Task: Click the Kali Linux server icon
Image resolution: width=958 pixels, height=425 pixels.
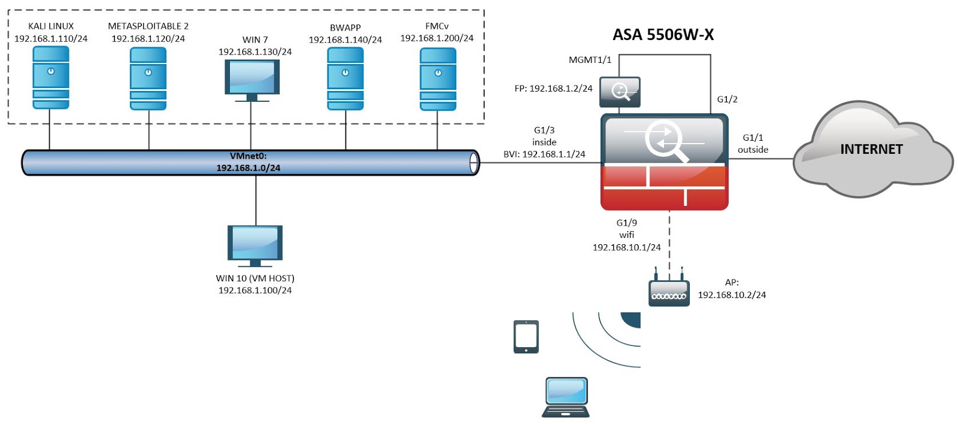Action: click(x=51, y=78)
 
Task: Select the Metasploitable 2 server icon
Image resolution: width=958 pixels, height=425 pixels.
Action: click(x=148, y=78)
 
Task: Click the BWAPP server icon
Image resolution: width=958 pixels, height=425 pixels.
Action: click(x=345, y=78)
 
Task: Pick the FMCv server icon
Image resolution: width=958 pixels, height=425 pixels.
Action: click(x=438, y=79)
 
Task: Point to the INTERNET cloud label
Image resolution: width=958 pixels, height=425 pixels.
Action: click(x=871, y=149)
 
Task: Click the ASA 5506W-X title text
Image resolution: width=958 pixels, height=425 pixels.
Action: click(x=663, y=35)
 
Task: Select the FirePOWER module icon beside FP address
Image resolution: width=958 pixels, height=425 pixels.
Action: click(x=620, y=92)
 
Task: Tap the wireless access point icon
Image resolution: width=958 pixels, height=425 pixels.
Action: click(x=669, y=292)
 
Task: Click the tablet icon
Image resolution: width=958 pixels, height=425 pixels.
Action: click(x=526, y=336)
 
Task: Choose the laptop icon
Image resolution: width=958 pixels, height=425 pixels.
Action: click(x=566, y=397)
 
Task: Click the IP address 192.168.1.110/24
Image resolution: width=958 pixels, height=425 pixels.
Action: click(x=51, y=38)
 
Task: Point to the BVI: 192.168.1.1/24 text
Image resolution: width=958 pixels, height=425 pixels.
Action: click(x=544, y=154)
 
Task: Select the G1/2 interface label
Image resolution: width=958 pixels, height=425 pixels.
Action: click(x=727, y=99)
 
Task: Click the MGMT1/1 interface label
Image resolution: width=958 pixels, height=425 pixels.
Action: click(x=590, y=60)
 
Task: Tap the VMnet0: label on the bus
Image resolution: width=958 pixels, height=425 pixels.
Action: click(x=248, y=156)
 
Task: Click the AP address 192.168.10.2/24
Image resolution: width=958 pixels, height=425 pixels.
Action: click(x=732, y=295)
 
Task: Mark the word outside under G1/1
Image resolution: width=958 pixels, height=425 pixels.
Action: click(x=753, y=150)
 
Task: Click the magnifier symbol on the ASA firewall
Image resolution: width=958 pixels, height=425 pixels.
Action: click(x=665, y=141)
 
